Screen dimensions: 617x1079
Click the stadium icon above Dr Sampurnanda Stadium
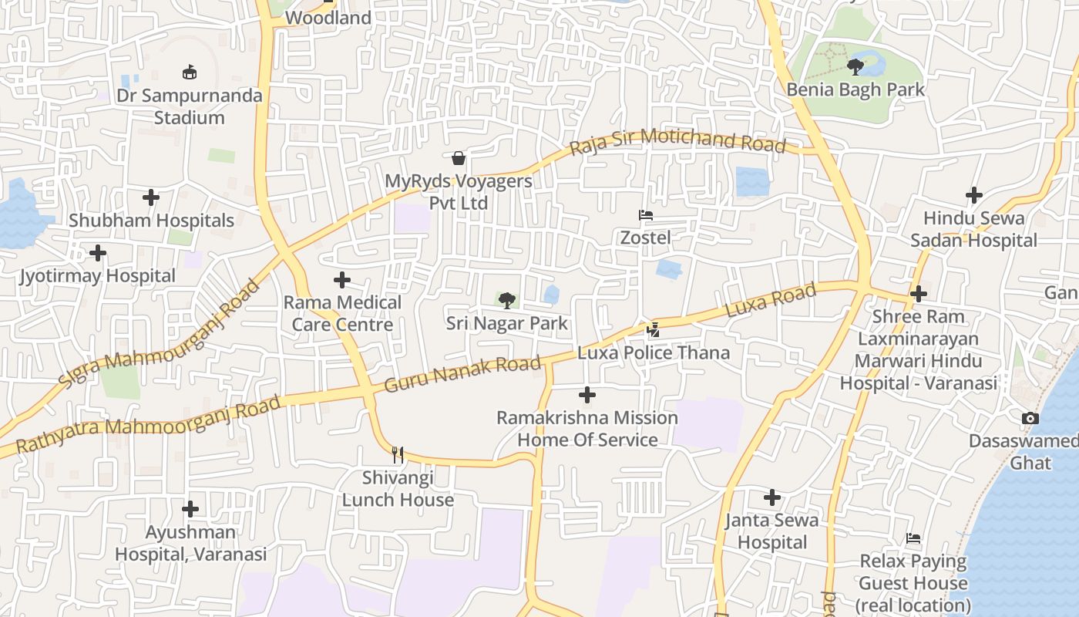point(190,72)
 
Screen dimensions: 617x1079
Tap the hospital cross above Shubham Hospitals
point(151,197)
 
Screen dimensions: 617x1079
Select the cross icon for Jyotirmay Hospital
point(98,253)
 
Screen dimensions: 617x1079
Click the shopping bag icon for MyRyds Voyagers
point(459,158)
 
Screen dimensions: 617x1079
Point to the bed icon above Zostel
point(646,215)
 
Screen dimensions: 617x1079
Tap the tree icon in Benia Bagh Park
point(855,67)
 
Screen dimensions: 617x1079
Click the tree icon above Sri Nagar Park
point(506,301)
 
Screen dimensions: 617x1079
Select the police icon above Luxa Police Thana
point(654,330)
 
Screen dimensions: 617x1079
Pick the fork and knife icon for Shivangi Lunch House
point(398,455)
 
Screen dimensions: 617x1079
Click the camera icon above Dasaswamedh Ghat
point(1030,419)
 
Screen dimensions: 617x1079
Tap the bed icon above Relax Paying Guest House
point(913,538)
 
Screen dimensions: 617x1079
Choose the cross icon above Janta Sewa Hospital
point(772,497)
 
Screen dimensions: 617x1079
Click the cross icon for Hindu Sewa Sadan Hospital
point(974,195)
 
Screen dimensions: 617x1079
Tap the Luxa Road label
point(771,301)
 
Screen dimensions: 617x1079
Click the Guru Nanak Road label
point(462,374)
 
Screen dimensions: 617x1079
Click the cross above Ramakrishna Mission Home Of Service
point(587,396)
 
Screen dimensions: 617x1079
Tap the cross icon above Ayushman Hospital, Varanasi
point(190,509)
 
